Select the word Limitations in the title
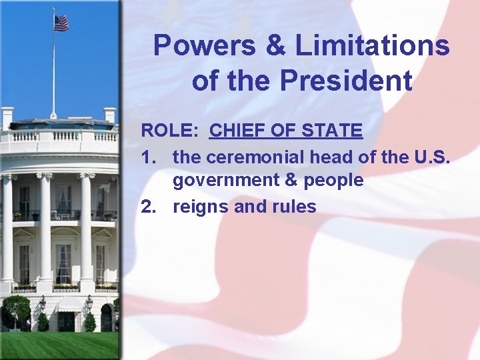(373, 47)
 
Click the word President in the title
(346, 81)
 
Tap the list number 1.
(147, 157)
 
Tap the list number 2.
(147, 207)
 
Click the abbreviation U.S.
(432, 157)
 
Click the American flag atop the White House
(61, 23)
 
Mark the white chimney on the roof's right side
(110, 115)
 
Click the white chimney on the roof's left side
(7, 117)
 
